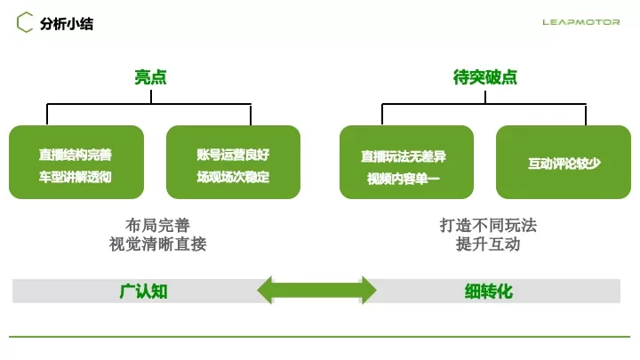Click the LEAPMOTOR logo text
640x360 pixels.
pos(581,22)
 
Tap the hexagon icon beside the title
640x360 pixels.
pos(26,23)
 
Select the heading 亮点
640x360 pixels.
pos(150,77)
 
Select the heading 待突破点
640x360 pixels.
pos(485,77)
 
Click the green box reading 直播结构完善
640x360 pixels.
pos(76,161)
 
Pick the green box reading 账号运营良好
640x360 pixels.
pos(233,161)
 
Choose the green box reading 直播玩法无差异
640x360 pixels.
pos(406,161)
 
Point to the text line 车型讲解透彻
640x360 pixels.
pos(76,177)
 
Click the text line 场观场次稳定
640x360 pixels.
pos(233,177)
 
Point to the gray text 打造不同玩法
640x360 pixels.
pos(488,225)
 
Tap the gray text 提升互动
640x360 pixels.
pos(488,244)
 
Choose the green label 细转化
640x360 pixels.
pos(488,291)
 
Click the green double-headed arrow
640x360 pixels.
pos(316,291)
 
